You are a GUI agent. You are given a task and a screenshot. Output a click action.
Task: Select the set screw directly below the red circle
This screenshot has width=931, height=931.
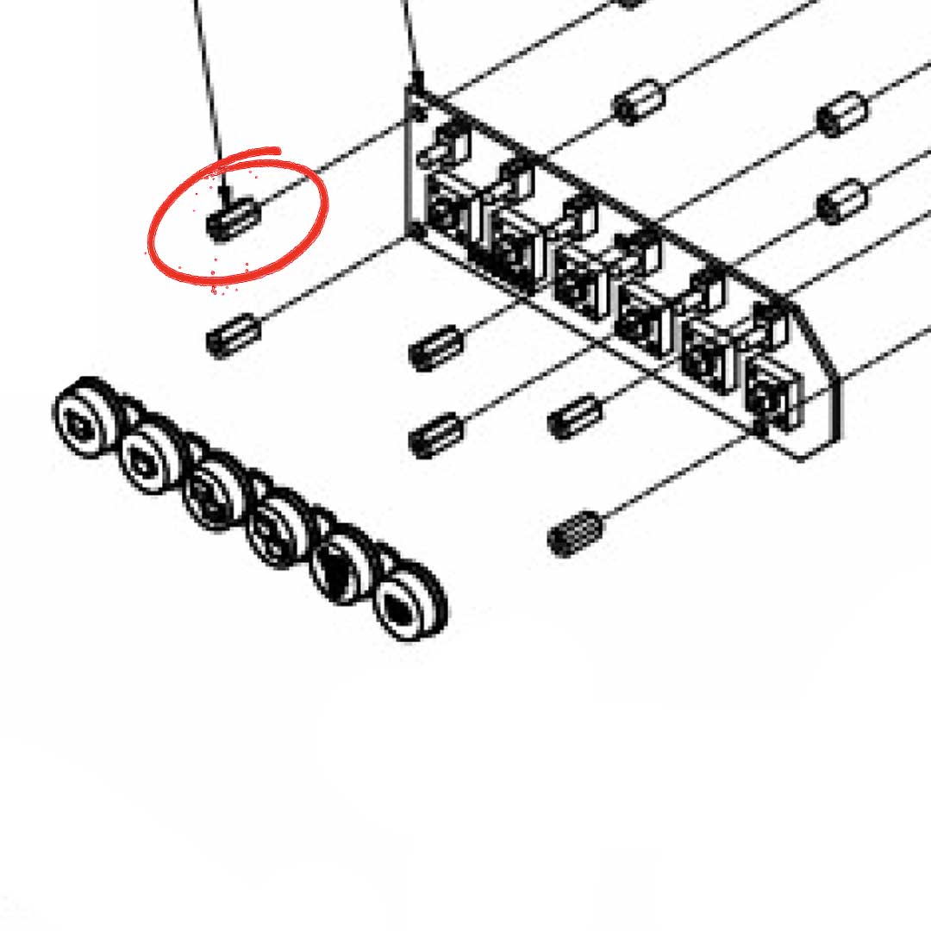[233, 334]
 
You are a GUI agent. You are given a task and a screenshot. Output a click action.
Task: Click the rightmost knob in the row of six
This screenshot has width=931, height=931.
[405, 605]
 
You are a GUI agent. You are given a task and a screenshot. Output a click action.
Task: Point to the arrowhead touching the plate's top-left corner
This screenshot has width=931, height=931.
[418, 82]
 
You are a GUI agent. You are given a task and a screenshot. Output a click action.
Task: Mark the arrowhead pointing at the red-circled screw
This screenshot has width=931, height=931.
[226, 191]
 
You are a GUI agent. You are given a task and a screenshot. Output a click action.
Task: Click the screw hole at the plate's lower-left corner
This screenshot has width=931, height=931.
[418, 233]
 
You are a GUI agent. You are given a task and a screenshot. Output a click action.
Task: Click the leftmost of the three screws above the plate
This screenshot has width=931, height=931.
[639, 103]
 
